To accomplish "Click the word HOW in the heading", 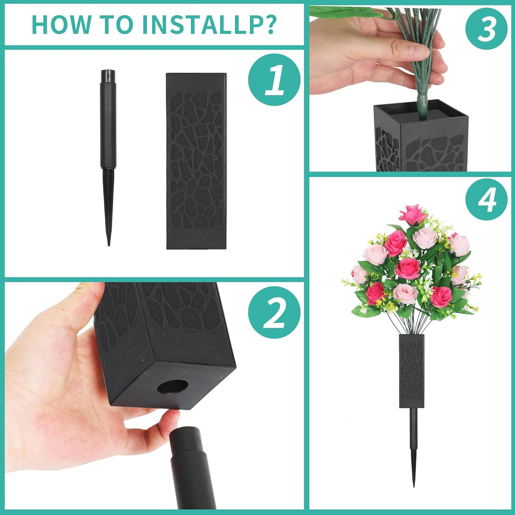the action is [62, 24].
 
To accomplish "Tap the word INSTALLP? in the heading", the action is [209, 24].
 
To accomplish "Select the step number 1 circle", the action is [274, 80].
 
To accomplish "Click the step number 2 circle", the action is [274, 312].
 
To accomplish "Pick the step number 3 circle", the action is [486, 29].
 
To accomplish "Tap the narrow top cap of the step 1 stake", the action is [108, 76].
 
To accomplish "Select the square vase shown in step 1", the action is [196, 161].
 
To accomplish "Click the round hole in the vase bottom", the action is [173, 387].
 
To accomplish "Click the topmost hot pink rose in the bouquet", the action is [412, 215].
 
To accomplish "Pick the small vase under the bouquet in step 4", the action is [412, 371].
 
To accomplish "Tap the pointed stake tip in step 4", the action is [414, 485].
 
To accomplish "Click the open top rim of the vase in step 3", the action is [421, 111].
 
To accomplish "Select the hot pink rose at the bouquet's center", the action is [408, 268].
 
